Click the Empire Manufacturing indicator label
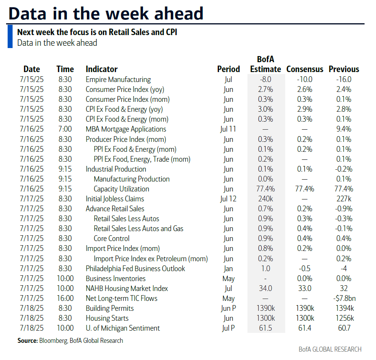click(x=118, y=80)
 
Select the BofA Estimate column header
click(x=265, y=64)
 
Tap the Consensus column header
click(x=305, y=69)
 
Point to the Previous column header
click(x=344, y=69)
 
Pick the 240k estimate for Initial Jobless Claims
click(x=265, y=199)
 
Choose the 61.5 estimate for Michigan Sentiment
click(x=265, y=328)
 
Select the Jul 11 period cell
click(x=228, y=129)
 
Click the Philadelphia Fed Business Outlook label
click(x=135, y=268)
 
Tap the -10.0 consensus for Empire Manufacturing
click(x=305, y=80)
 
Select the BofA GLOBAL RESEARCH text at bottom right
click(x=330, y=349)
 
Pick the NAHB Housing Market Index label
click(x=127, y=289)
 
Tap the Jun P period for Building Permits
click(x=228, y=309)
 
